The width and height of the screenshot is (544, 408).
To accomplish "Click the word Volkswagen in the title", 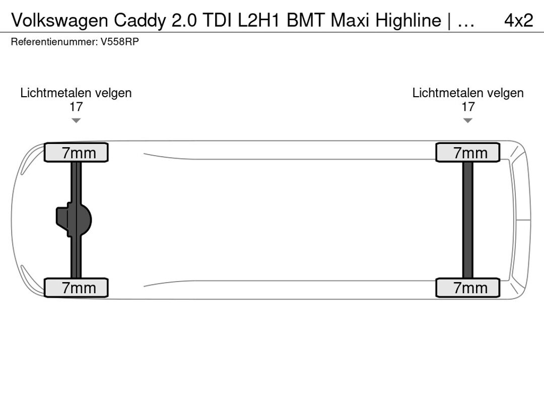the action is tap(59, 21).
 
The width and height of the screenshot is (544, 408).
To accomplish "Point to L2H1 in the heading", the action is tap(259, 20).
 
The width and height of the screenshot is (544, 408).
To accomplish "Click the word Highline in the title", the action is tap(408, 21).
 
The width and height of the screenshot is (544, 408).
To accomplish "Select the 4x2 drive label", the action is tap(518, 21).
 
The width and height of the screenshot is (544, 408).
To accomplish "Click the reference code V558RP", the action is tap(120, 42).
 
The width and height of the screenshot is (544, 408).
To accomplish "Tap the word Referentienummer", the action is tap(54, 42).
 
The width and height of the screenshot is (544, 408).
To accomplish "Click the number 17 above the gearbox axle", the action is tap(76, 107).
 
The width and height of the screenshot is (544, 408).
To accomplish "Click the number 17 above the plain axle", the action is tap(467, 107).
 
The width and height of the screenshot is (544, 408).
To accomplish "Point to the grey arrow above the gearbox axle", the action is tap(76, 120).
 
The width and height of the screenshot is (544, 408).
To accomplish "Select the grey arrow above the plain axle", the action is tap(467, 120).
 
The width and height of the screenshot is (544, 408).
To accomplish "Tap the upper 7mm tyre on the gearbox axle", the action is tap(76, 152).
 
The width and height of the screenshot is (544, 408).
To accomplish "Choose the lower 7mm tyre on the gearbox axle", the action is tap(76, 288).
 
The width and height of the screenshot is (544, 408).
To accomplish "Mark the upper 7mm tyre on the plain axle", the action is tap(467, 152).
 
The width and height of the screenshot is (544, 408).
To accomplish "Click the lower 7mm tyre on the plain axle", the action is tap(467, 288).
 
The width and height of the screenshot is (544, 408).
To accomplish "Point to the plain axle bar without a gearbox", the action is tap(467, 220).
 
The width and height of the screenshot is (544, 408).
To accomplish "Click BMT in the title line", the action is tap(306, 20).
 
